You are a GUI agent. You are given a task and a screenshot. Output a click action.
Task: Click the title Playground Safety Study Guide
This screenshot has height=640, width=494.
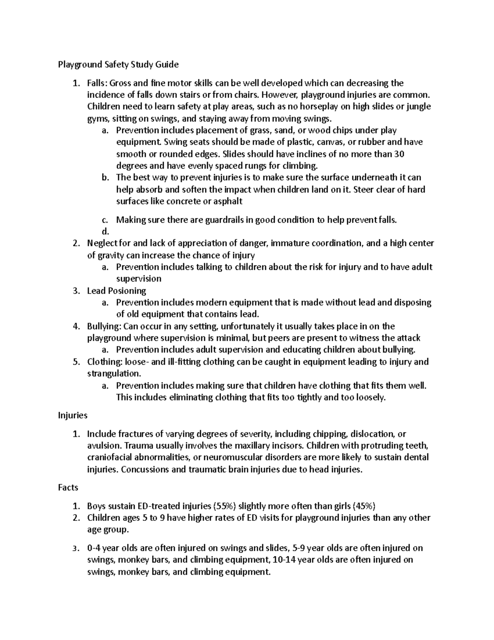(x=118, y=64)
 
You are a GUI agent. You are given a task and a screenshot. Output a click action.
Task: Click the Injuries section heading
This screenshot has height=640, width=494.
(x=72, y=415)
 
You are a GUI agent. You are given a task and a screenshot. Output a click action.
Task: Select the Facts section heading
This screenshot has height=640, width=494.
(x=68, y=488)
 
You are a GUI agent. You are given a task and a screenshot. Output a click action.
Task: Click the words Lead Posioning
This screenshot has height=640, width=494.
(x=117, y=291)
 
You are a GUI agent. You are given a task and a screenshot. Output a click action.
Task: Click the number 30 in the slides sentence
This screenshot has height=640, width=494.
(x=399, y=154)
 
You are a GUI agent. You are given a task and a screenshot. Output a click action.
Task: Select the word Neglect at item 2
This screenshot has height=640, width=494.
(x=102, y=243)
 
